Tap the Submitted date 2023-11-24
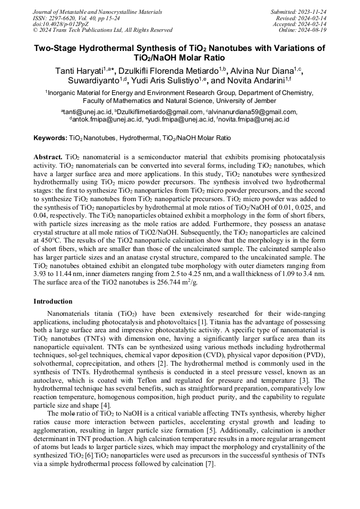point(313,12)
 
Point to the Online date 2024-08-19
point(313,30)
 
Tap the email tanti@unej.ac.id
point(88,112)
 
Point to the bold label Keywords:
point(50,138)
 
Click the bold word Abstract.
point(49,158)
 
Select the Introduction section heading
point(53,301)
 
